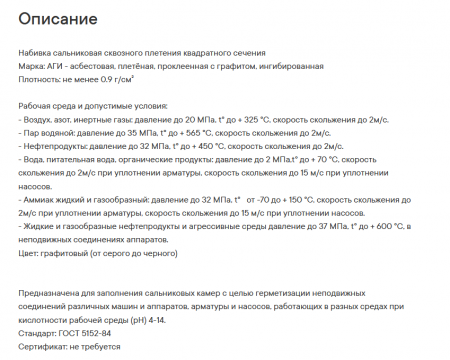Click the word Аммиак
tap(40, 199)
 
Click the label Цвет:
tap(30, 252)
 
